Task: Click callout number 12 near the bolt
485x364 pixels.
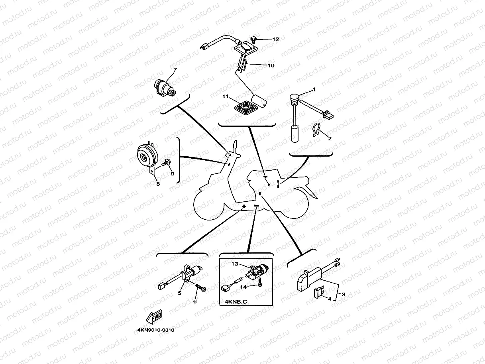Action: tap(276, 39)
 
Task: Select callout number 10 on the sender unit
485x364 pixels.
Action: tap(271, 65)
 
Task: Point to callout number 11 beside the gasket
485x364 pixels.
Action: tap(225, 96)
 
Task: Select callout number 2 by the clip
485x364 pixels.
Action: tap(330, 138)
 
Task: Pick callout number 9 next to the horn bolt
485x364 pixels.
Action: tap(172, 173)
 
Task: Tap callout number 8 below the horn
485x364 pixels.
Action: tap(158, 184)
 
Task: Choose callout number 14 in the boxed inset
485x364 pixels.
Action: tap(242, 286)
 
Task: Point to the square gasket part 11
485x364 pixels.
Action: tap(243, 106)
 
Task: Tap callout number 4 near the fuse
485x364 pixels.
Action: tap(330, 298)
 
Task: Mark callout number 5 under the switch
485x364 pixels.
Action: tap(180, 293)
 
